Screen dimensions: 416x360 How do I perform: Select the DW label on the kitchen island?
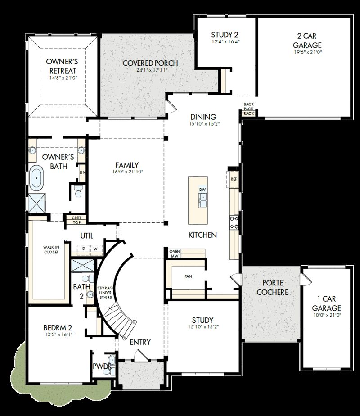pyautogui.click(x=202, y=190)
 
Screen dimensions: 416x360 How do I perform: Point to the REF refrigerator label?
pyautogui.click(x=234, y=179)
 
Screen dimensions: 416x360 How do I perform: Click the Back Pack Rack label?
pyautogui.click(x=249, y=109)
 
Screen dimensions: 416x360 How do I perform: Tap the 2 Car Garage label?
pyautogui.click(x=307, y=41)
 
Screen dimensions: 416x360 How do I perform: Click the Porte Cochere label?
pyautogui.click(x=269, y=287)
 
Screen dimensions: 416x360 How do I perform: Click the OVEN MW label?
pyautogui.click(x=175, y=253)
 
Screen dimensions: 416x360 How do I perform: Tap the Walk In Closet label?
pyautogui.click(x=51, y=250)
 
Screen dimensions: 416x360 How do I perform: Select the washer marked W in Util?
pyautogui.click(x=95, y=248)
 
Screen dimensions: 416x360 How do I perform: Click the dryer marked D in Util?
pyautogui.click(x=84, y=248)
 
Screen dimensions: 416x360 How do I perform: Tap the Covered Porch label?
pyautogui.click(x=144, y=63)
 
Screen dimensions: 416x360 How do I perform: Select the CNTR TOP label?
pyautogui.click(x=76, y=220)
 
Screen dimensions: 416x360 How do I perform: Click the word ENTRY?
pyautogui.click(x=140, y=342)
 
